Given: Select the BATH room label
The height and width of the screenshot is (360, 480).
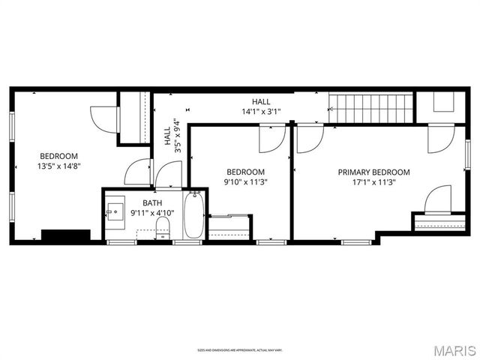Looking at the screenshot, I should (x=152, y=202).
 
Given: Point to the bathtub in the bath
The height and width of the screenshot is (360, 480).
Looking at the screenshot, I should (x=193, y=216).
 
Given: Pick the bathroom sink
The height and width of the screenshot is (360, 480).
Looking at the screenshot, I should (x=115, y=211).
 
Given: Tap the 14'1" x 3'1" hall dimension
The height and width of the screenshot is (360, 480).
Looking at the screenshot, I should (x=261, y=112).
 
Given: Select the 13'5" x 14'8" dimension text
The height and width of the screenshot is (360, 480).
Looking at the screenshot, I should (x=57, y=166).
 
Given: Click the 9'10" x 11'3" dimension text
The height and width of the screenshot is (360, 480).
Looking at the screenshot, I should (x=245, y=181).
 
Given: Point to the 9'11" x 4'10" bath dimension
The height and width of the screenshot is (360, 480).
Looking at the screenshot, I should (x=152, y=212).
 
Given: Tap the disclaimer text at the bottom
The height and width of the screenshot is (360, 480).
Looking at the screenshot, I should (x=240, y=349).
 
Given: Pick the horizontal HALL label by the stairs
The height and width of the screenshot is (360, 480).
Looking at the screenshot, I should (x=261, y=102).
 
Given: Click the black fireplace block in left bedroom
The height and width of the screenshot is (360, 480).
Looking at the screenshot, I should (x=65, y=235).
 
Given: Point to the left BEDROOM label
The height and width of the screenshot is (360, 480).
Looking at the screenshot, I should (x=57, y=156).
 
